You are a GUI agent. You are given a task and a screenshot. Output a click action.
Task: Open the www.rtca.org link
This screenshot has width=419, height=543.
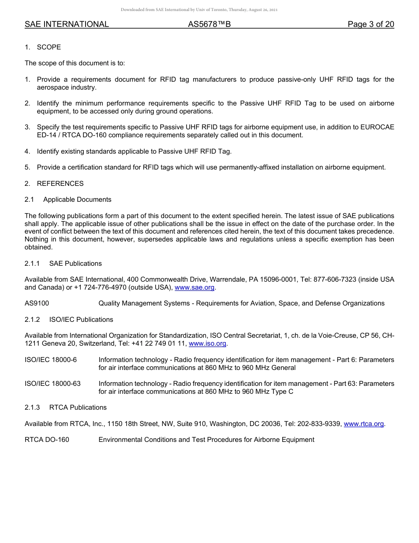click(363, 424)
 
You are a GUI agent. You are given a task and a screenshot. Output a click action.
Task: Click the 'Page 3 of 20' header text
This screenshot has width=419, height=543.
click(370, 24)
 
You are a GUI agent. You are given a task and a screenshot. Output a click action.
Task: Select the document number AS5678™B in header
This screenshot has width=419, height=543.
click(209, 24)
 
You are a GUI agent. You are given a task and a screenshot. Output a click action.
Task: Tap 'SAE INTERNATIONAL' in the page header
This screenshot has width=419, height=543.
click(67, 24)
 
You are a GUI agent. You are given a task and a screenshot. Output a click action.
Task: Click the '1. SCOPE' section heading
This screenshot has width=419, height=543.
click(43, 47)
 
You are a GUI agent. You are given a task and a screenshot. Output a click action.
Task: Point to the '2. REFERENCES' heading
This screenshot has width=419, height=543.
click(54, 184)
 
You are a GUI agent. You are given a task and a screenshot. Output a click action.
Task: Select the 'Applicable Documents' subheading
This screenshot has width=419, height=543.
click(77, 200)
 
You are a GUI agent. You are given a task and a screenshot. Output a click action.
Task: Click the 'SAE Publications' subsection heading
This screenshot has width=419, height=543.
click(75, 264)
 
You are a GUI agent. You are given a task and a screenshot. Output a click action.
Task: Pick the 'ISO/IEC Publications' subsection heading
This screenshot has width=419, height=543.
click(81, 320)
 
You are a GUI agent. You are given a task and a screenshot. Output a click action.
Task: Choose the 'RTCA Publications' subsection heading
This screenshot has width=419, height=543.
click(78, 407)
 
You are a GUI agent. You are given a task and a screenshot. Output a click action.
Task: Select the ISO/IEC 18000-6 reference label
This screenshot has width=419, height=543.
click(51, 360)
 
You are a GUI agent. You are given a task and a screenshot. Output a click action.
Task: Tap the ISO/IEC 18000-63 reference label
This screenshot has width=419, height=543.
click(52, 384)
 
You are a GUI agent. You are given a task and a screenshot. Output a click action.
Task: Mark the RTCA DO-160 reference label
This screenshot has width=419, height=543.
click(47, 440)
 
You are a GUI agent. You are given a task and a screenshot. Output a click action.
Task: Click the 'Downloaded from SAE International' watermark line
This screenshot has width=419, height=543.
click(199, 9)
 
